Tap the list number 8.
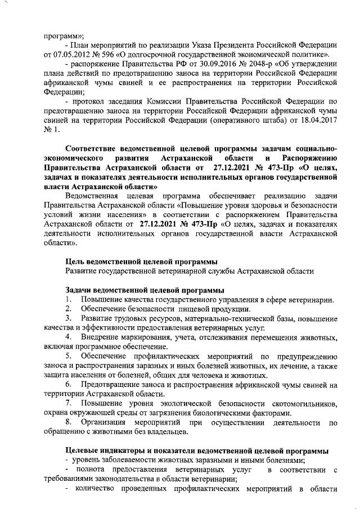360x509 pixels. tap(67, 423)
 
